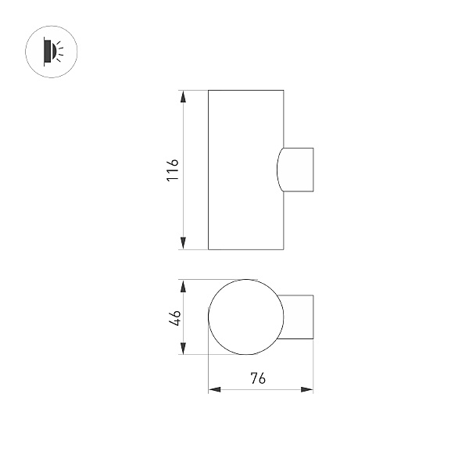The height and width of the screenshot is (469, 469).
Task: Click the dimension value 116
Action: [173, 170]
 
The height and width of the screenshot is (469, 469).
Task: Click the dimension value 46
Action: [174, 317]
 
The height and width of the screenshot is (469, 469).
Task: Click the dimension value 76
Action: [258, 378]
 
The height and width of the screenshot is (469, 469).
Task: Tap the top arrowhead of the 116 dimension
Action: [183, 97]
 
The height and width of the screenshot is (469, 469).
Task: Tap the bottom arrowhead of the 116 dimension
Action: [183, 243]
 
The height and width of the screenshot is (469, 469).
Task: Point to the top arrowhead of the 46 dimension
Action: [183, 286]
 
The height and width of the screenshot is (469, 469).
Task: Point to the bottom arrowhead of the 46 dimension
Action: [183, 349]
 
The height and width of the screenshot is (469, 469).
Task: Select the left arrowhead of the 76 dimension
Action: [214, 389]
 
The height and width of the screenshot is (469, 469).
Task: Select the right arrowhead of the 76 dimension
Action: [307, 389]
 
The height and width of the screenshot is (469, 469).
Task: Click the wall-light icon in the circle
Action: [52, 52]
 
